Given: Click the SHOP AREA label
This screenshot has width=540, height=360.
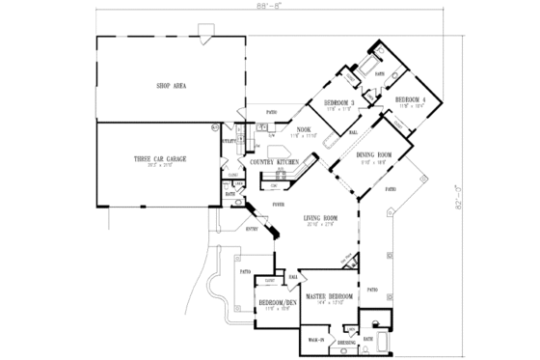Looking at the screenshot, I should point(170,85).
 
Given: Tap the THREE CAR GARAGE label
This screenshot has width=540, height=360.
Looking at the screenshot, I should point(160,157).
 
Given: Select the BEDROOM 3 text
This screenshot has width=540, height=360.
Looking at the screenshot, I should point(338,102).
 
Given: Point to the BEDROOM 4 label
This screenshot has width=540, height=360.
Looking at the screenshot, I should point(409,99).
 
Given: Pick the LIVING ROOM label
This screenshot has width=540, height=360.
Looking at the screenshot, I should point(317,218).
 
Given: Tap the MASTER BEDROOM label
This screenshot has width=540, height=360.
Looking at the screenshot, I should point(330,296).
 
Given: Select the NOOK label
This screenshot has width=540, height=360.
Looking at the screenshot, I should point(303,129).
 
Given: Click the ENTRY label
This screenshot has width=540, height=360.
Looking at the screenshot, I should point(254,228).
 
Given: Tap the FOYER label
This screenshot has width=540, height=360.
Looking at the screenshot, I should point(278,205).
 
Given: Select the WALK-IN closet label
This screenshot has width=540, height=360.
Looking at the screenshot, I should point(315,340).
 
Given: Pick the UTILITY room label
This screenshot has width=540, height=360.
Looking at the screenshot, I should point(229,142).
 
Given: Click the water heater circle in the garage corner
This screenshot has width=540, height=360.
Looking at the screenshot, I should point(215,127).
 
